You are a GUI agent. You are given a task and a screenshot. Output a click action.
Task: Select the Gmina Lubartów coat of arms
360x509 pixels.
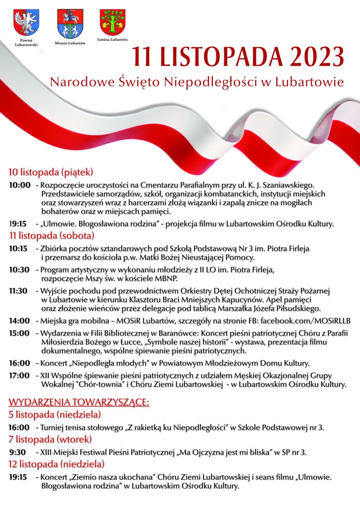pyautogui.click(x=113, y=22)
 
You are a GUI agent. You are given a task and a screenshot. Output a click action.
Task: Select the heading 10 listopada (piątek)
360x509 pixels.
pyautogui.click(x=50, y=172)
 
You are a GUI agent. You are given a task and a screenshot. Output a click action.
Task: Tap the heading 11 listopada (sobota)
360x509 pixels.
pyautogui.click(x=51, y=234)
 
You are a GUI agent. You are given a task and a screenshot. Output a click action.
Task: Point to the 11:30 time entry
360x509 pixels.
pyautogui.click(x=18, y=291)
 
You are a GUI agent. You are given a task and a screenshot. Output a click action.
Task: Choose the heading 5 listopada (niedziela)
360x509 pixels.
pyautogui.click(x=55, y=414)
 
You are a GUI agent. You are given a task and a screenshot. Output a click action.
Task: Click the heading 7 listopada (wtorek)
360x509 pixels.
pyautogui.click(x=50, y=439)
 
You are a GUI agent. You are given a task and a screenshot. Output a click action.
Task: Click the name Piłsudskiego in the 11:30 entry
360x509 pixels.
pyautogui.click(x=303, y=308)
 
